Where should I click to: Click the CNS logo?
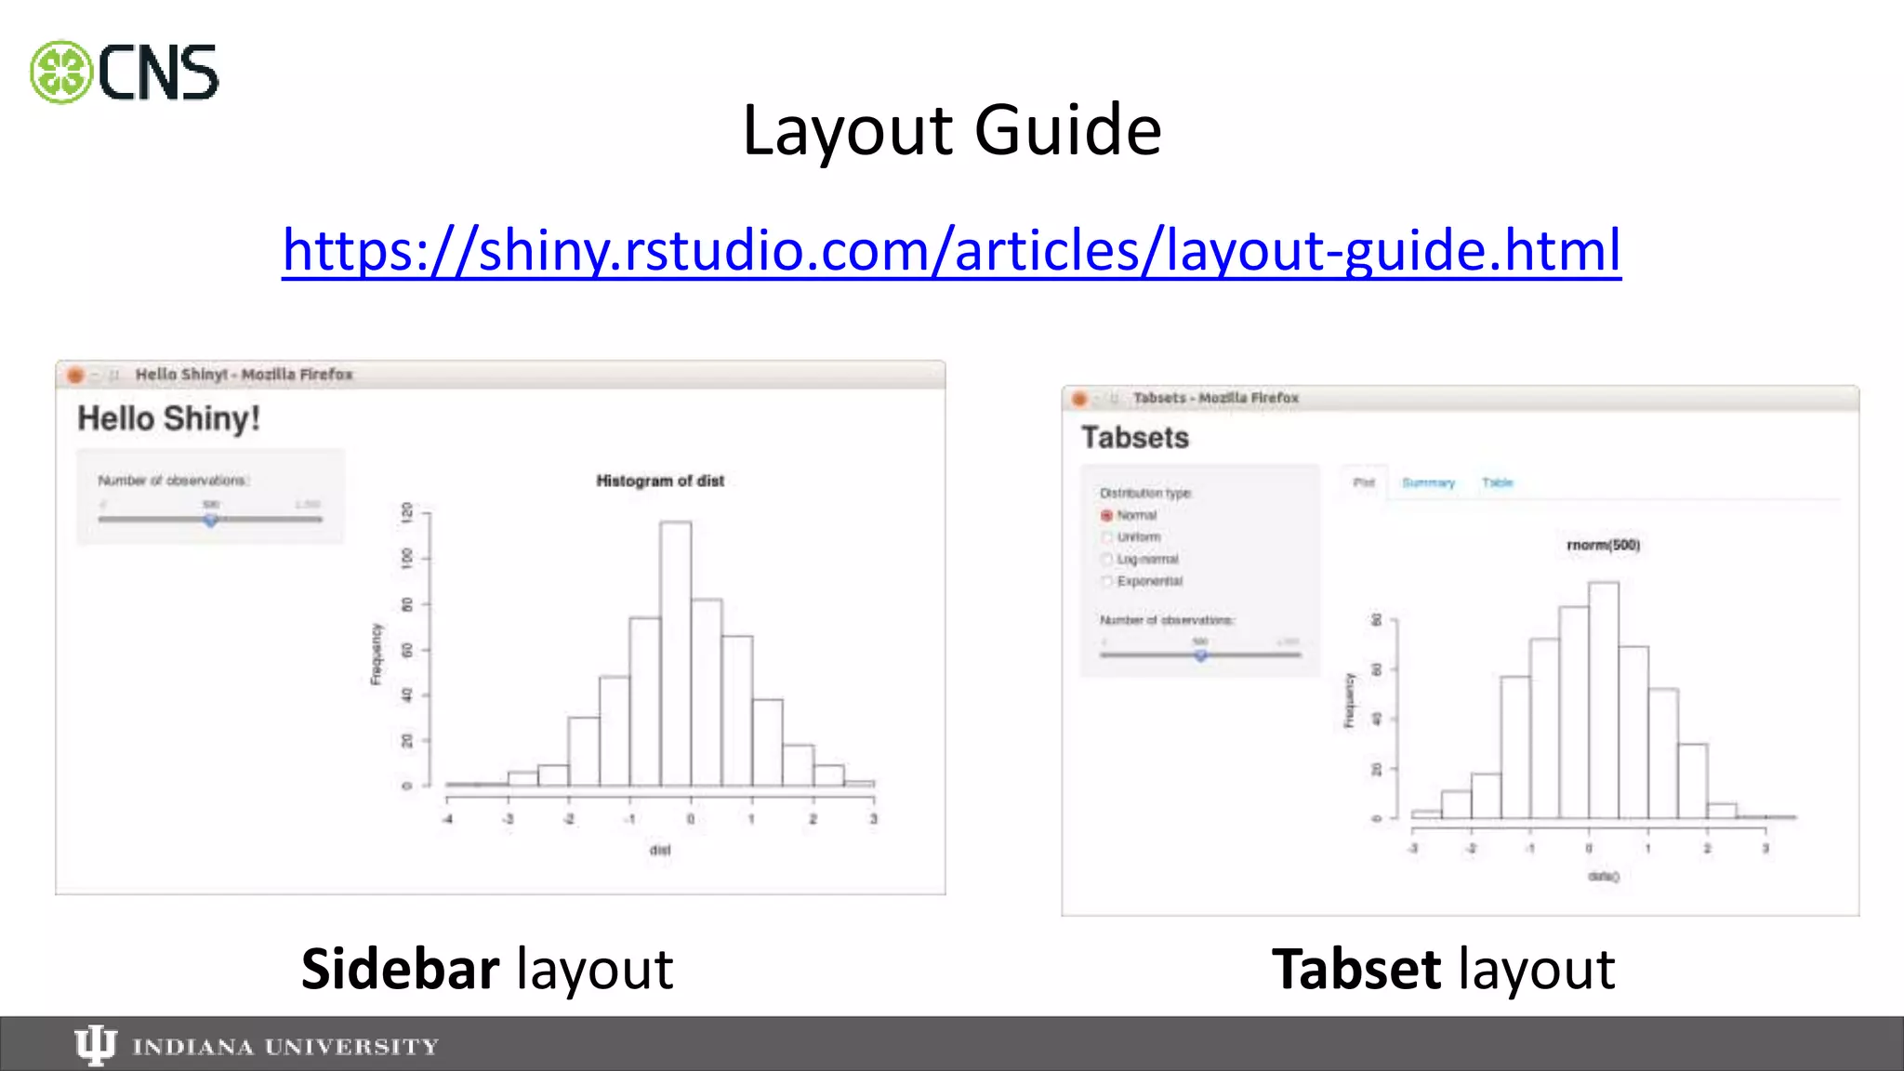tap(125, 73)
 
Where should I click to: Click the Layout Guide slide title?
tap(951, 130)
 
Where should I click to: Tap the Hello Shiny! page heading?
tap(168, 418)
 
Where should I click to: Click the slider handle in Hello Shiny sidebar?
tap(211, 520)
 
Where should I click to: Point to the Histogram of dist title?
tap(659, 481)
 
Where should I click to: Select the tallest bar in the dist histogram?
tap(675, 651)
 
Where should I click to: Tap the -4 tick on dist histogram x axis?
tap(447, 819)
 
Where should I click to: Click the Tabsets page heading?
tap(1134, 438)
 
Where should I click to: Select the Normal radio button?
tap(1106, 515)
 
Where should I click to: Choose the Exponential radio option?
tap(1106, 581)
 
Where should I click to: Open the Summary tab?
tap(1428, 483)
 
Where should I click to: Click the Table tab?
tap(1497, 483)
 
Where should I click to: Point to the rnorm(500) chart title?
tap(1603, 545)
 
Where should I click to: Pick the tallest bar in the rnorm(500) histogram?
tap(1603, 697)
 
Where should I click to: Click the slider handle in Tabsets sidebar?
tap(1200, 654)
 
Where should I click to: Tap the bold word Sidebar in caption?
tap(400, 970)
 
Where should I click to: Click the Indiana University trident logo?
tap(95, 1045)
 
